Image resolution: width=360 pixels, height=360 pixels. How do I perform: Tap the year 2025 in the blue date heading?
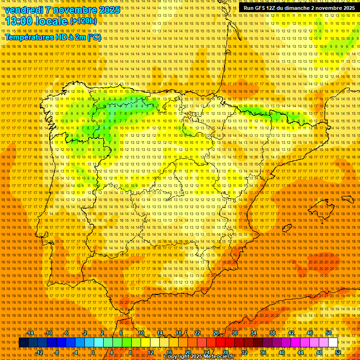tap(107, 10)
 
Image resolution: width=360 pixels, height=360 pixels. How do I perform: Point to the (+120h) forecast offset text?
tap(83, 21)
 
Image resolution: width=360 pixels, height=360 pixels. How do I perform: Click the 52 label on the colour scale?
tap(338, 352)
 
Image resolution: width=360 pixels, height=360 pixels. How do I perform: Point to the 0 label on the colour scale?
tap(93, 352)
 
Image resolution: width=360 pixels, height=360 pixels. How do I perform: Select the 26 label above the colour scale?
tap(216, 333)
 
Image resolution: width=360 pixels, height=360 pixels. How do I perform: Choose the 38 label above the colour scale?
tap(272, 333)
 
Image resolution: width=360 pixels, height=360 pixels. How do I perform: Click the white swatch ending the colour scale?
tap(333, 343)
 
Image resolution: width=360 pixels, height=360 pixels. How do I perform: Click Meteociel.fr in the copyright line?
tap(217, 357)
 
